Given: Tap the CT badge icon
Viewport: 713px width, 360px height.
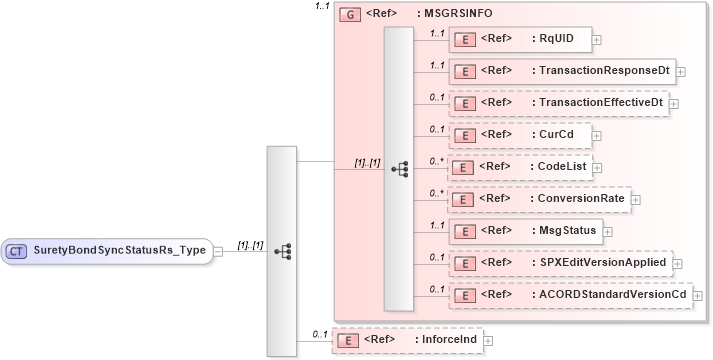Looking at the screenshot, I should click(x=18, y=251).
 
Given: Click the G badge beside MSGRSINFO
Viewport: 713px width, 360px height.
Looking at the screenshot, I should click(x=350, y=16).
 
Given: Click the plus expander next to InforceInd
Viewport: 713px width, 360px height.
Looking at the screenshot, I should click(x=488, y=341).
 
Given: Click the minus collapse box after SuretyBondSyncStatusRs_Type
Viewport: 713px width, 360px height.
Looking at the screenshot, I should click(x=219, y=251).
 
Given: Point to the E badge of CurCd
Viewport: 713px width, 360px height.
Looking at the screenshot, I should click(x=464, y=134).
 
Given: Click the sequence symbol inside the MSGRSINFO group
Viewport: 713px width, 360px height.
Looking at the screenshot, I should click(x=399, y=168).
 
